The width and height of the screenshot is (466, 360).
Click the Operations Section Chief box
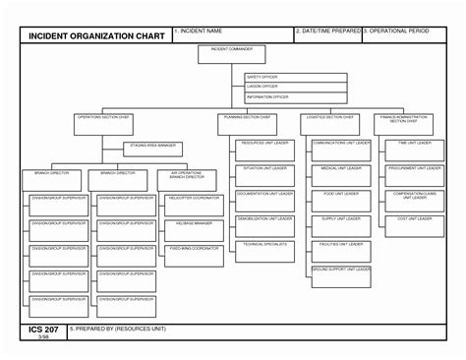tap(103, 124)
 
